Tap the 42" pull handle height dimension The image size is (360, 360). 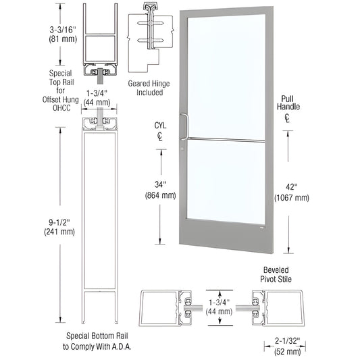click(x=292, y=187)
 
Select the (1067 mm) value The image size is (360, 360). click(x=292, y=198)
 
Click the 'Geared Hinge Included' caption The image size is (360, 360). click(x=148, y=88)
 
